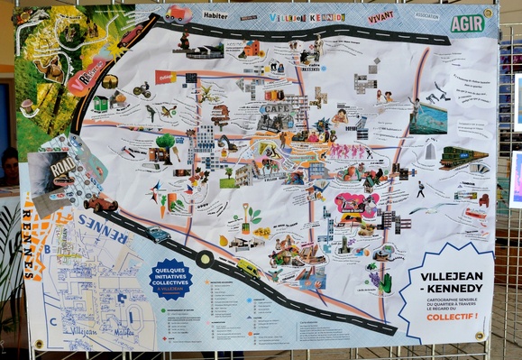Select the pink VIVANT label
coord(381,16)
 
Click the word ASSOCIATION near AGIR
coord(426,14)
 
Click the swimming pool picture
coord(427,118)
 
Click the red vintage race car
coord(100,205)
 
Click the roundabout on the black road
coord(205,259)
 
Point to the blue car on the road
coord(159,235)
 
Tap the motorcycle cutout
coord(142,89)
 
